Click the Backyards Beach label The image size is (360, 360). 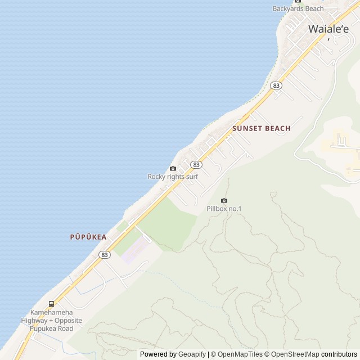[x=298, y=8]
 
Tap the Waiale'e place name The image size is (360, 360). [x=328, y=29]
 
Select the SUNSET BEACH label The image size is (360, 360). [x=262, y=128]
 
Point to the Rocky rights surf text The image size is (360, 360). [x=173, y=177]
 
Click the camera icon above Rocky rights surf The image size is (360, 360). [x=173, y=168]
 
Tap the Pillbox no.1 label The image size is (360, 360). [x=224, y=209]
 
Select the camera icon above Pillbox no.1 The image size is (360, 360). [x=224, y=201]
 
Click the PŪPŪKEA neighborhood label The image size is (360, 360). [x=88, y=237]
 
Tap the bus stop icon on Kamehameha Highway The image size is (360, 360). [x=52, y=304]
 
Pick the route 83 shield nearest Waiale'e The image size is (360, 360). [x=276, y=85]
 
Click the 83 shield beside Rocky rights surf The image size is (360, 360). [x=196, y=164]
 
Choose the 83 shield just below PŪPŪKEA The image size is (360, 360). [x=104, y=255]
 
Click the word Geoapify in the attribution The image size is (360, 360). [x=192, y=354]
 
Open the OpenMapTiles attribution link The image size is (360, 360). [x=240, y=354]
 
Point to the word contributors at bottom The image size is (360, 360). [x=339, y=354]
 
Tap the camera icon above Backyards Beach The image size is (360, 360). [x=298, y=1]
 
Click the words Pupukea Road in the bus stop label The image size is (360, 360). [x=52, y=328]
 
